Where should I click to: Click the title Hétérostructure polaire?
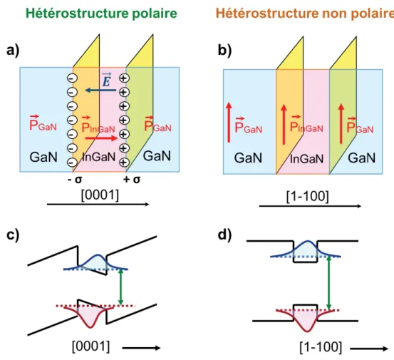click(101, 14)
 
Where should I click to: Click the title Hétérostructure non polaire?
click(305, 14)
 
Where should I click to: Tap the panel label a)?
click(13, 51)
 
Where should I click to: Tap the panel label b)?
click(224, 51)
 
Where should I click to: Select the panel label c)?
click(13, 235)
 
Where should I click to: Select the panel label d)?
click(224, 235)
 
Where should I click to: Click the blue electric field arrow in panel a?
click(100, 90)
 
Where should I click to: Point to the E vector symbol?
click(107, 79)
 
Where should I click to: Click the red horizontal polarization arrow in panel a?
click(101, 138)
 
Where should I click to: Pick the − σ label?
click(75, 180)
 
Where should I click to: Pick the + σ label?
click(132, 180)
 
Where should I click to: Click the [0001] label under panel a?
click(100, 195)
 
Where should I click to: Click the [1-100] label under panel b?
click(308, 196)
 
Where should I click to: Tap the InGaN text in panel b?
click(306, 159)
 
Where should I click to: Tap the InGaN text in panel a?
click(99, 157)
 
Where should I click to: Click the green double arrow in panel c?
click(121, 287)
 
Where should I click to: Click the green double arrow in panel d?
click(329, 283)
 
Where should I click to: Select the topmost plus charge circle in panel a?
click(124, 78)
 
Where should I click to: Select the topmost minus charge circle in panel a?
click(72, 78)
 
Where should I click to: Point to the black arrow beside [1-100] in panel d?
click(369, 349)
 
